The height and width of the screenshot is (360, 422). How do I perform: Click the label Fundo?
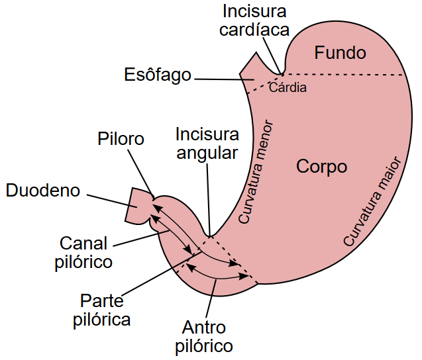pyautogui.click(x=340, y=52)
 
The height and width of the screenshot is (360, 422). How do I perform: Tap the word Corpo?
pyautogui.click(x=321, y=166)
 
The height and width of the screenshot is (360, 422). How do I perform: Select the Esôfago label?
pyautogui.click(x=158, y=75)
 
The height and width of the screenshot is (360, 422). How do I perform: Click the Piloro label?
pyautogui.click(x=121, y=140)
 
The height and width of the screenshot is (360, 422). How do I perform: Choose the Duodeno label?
pyautogui.click(x=43, y=191)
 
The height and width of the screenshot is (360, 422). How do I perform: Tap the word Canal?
pyautogui.click(x=84, y=242)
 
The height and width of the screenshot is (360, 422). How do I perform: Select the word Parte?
pyautogui.click(x=102, y=301)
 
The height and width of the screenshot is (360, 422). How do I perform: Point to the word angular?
pyautogui.click(x=207, y=154)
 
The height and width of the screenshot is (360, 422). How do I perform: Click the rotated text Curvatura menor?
pyautogui.click(x=260, y=172)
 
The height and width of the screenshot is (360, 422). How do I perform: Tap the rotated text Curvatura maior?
pyautogui.click(x=373, y=202)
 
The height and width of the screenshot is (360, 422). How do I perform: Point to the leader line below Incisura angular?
pyautogui.click(x=208, y=199)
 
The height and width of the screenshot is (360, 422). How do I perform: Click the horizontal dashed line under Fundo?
pyautogui.click(x=344, y=75)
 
